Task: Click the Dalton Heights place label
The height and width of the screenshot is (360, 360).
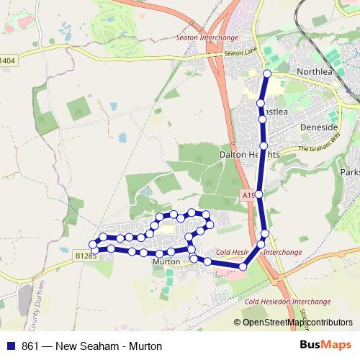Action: tap(249, 154)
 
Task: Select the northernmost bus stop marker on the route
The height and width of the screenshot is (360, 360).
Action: tap(267, 73)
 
